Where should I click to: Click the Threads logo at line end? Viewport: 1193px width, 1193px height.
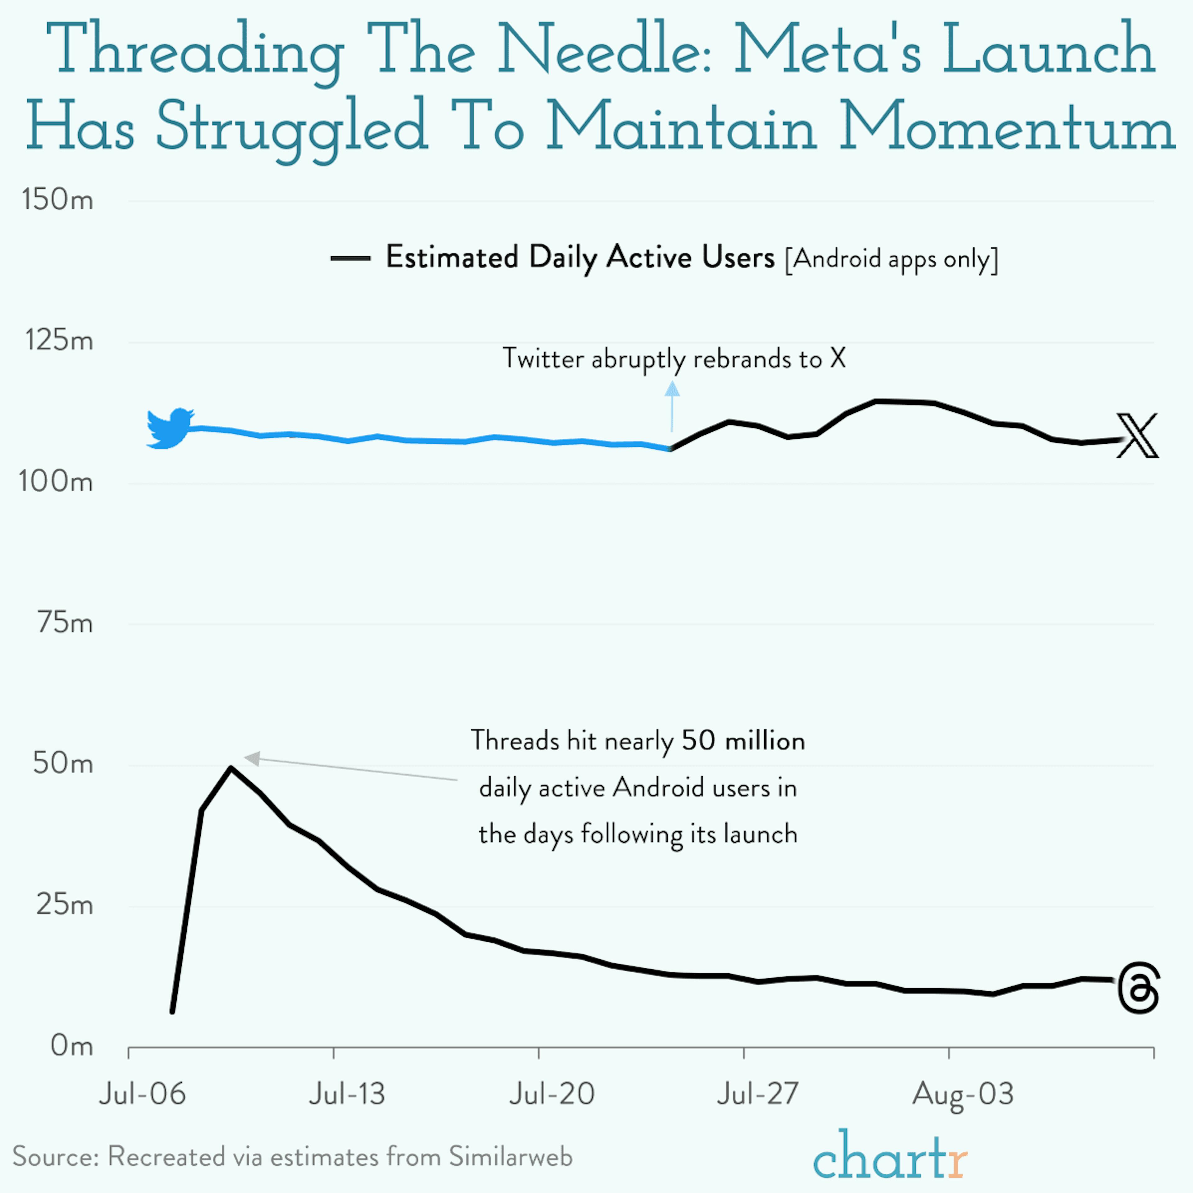coord(1138,988)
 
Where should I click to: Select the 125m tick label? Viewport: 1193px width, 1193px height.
coord(59,340)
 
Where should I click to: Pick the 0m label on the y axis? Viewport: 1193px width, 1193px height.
coord(72,1046)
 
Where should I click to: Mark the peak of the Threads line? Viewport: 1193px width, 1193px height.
coord(230,768)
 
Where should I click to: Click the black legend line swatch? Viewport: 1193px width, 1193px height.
coord(350,258)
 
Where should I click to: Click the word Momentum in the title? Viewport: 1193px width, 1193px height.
coord(1007,126)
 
